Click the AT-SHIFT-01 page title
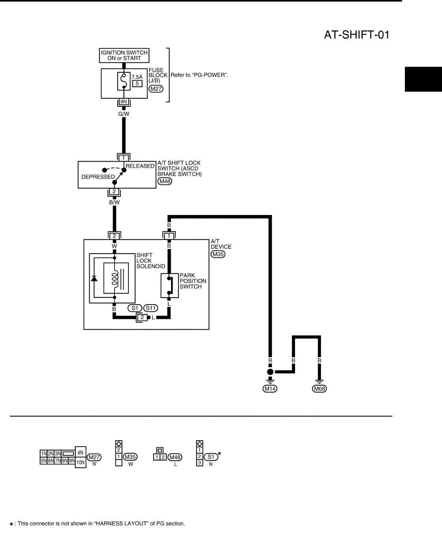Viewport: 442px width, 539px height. (357, 35)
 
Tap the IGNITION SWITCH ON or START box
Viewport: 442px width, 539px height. (124, 55)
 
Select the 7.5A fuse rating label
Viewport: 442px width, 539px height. (137, 77)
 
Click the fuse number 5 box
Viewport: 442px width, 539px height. (137, 83)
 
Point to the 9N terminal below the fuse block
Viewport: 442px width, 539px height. (124, 102)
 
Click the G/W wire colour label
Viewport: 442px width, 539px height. (124, 114)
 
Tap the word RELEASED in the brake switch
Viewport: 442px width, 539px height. (140, 166)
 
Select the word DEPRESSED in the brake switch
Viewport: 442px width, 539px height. (98, 177)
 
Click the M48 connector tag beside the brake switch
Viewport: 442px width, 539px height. (164, 181)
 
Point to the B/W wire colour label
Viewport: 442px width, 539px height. (114, 202)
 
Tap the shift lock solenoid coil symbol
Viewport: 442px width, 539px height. (115, 278)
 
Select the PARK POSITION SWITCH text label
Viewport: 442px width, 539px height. (193, 281)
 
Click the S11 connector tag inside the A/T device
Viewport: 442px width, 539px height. (150, 308)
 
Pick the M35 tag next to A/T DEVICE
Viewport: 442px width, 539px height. (218, 254)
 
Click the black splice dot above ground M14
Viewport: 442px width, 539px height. (270, 372)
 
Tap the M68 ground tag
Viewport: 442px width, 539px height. (319, 389)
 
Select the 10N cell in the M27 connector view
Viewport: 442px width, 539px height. (80, 462)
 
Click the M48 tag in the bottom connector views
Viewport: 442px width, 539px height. (175, 457)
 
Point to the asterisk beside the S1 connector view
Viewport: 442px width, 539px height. (220, 454)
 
